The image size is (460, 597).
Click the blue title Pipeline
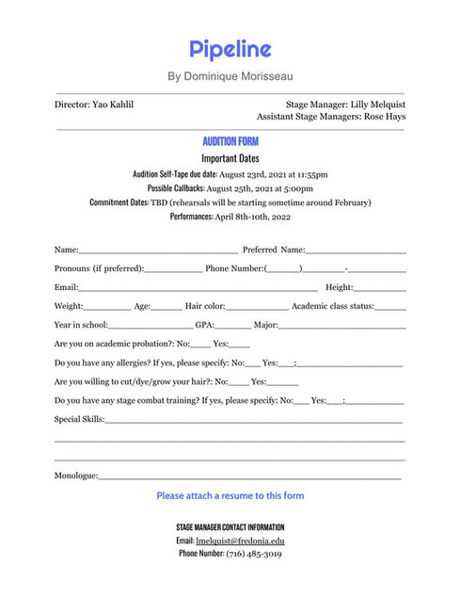[230, 49]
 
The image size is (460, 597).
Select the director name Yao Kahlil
[114, 105]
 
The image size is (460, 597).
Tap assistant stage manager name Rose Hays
[385, 118]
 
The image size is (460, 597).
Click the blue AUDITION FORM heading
[230, 141]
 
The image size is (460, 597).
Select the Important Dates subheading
[230, 158]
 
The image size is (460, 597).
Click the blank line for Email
[198, 287]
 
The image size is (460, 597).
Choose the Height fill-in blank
[380, 287]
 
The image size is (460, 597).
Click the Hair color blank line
[257, 306]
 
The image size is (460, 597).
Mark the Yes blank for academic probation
[240, 344]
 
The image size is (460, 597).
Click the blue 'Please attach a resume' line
[230, 495]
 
